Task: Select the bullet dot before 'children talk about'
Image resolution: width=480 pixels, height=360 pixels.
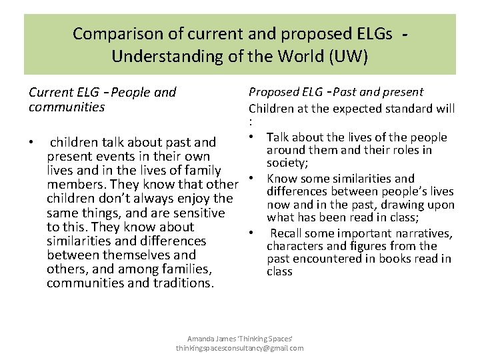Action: tap(31, 143)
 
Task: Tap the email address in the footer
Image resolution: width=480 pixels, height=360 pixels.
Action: tap(239, 348)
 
